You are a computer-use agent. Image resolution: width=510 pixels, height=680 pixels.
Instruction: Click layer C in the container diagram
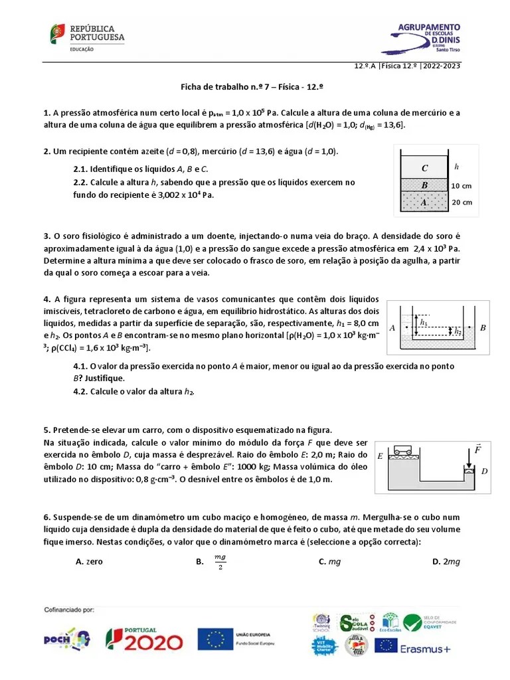pos(424,168)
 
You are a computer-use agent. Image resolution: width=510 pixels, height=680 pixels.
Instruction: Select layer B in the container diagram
pos(424,185)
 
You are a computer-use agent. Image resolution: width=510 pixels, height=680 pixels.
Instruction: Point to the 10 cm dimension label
pos(462,186)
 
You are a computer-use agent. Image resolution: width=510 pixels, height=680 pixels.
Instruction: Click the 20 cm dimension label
pos(462,203)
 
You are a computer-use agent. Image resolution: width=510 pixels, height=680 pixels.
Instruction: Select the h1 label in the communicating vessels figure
pos(424,321)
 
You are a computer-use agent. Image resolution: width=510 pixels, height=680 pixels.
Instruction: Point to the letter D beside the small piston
pos(484,471)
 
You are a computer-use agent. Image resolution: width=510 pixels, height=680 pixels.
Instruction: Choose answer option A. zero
pos(90,562)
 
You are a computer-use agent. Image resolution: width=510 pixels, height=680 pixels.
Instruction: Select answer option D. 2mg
pos(446,562)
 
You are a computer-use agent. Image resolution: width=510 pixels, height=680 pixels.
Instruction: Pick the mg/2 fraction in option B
pos(220,562)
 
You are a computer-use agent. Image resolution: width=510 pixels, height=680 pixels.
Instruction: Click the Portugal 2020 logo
pos(144,639)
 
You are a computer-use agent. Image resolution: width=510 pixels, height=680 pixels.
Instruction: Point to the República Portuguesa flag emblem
pos(58,34)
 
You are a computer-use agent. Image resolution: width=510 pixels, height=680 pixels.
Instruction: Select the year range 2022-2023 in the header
pos(441,65)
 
